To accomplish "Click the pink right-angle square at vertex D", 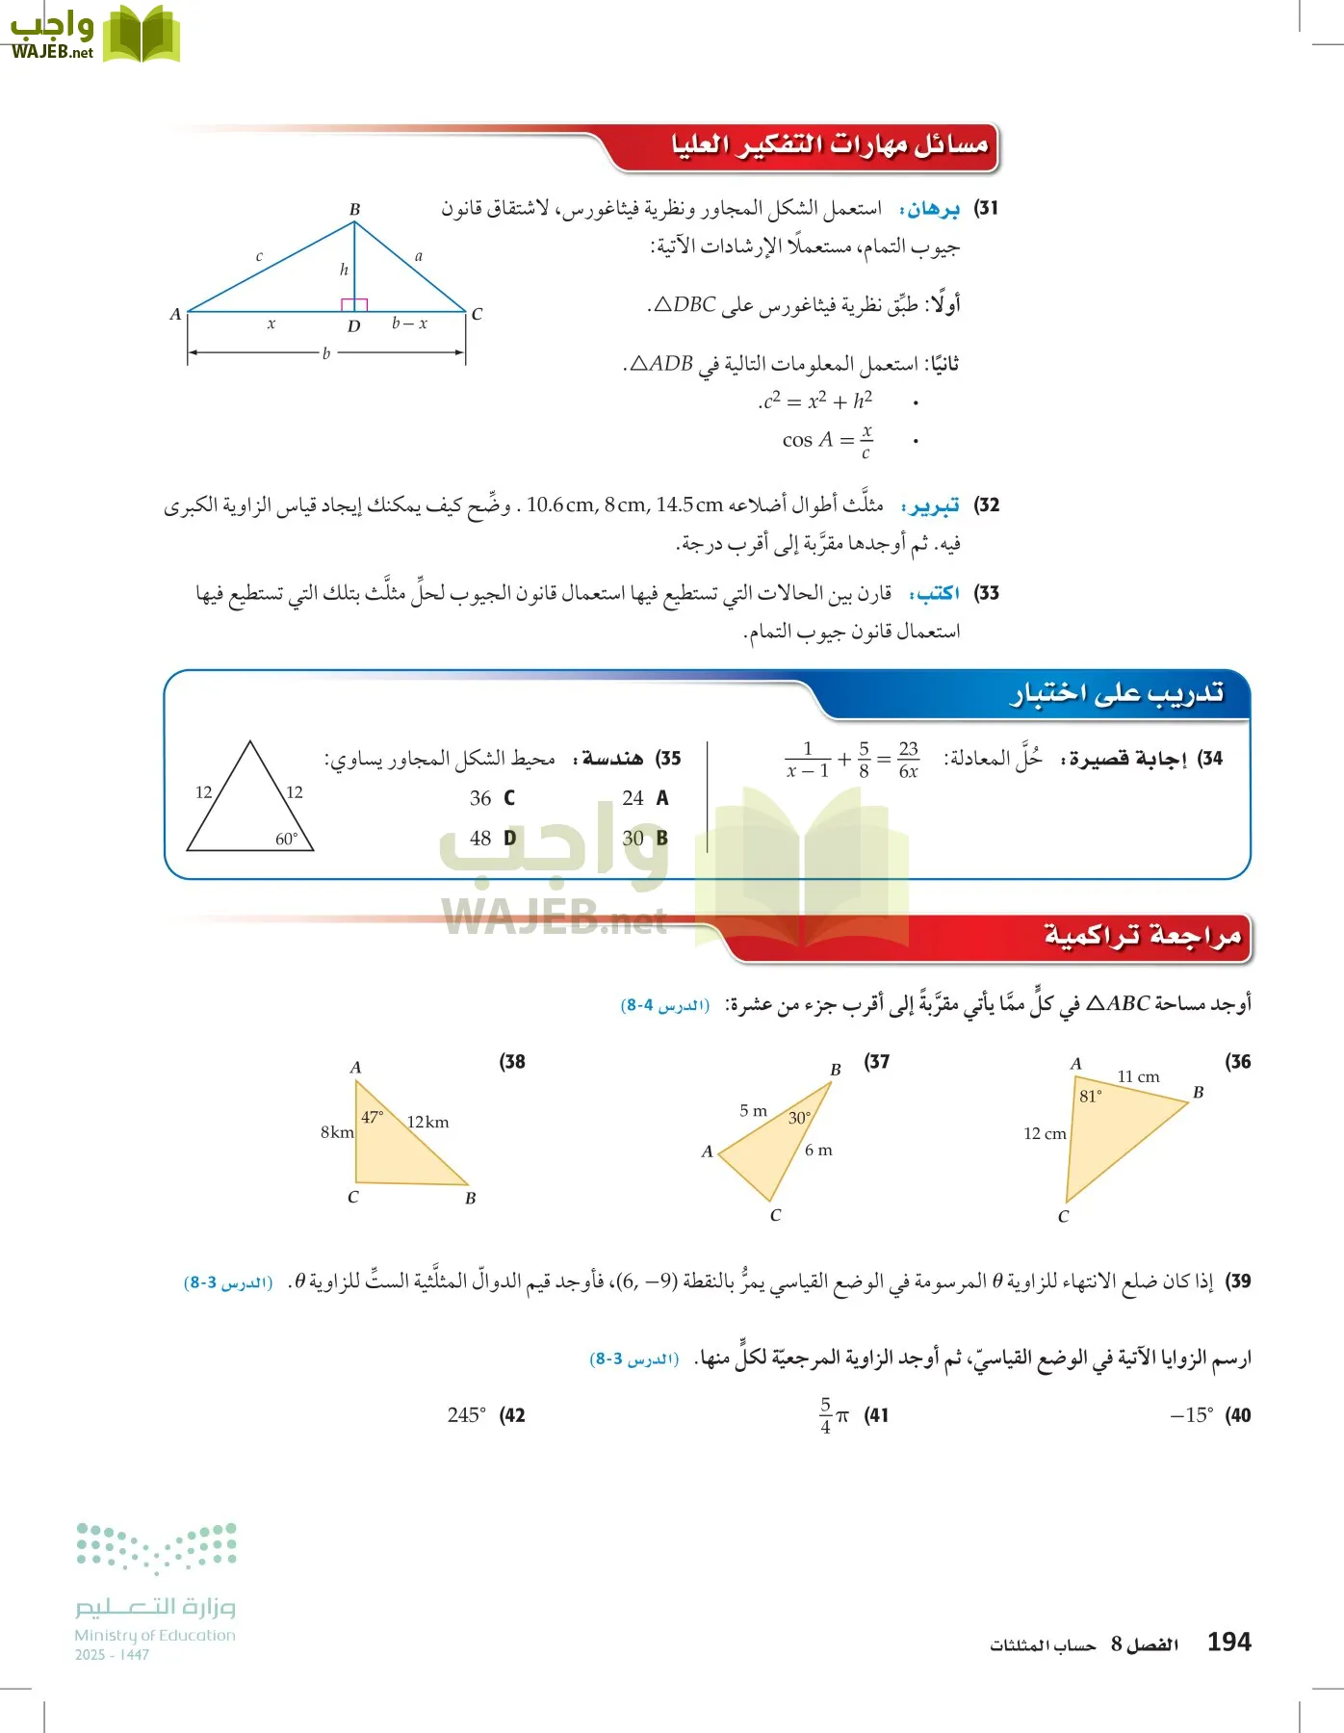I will coord(354,304).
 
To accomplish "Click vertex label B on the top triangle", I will coord(354,209).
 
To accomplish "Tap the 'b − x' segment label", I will coord(409,323).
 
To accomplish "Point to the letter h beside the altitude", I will coord(344,270).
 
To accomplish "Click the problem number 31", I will coord(987,208).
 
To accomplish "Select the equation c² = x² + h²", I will coord(816,401).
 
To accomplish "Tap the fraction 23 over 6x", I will coord(908,760).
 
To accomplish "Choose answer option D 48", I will coord(492,839).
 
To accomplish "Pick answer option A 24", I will coord(644,798).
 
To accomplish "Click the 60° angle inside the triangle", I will coord(287,839).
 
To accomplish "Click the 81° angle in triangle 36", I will coord(1091,1096).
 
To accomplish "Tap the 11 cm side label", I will coord(1138,1076).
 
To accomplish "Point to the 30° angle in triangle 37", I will coord(799,1118).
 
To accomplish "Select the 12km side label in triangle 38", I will coord(427,1122).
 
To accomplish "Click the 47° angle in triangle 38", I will coord(373,1117).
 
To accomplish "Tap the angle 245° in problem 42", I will coord(466,1415).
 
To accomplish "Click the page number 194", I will coord(1228,1642).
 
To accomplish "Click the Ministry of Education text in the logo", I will coord(155,1635).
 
